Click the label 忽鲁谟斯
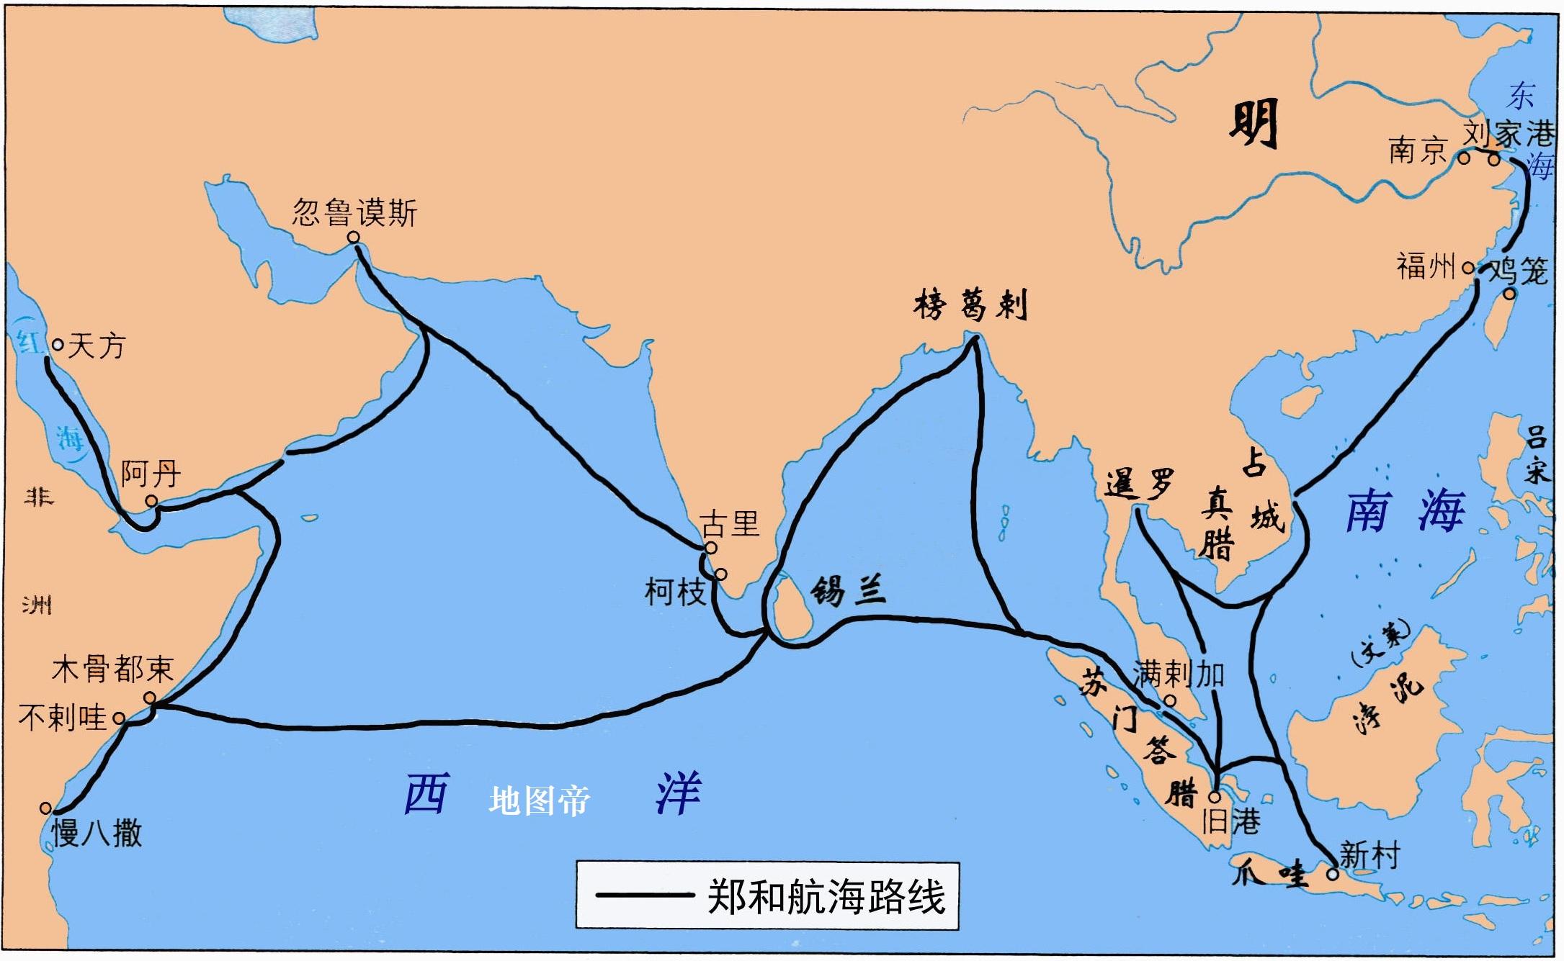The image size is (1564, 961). pos(354,213)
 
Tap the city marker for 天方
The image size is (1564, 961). pos(58,345)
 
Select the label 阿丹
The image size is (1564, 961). pos(150,474)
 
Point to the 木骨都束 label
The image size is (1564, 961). pos(113,669)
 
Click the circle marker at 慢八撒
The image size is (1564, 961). pos(46,808)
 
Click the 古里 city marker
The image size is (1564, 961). pos(711,548)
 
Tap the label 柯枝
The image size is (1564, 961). pos(674,592)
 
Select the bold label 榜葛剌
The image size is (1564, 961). pos(970,305)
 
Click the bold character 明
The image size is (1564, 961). pos(1253,124)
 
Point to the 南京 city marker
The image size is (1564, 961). pos(1464,158)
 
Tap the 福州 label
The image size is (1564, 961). pos(1426,266)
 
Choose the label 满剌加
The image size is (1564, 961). pos(1179,674)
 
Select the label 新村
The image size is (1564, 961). pos(1369,855)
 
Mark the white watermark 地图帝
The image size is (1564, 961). pos(539,800)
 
